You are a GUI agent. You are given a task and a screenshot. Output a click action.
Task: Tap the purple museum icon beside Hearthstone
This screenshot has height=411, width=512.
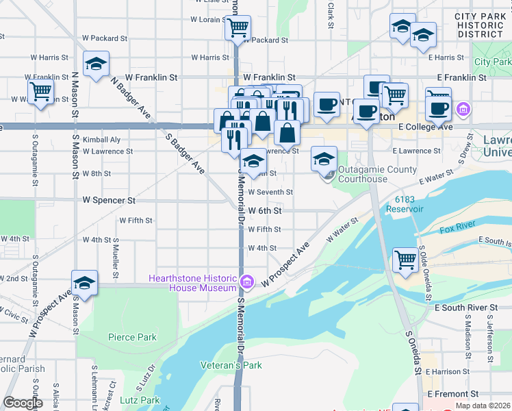(x=247, y=282)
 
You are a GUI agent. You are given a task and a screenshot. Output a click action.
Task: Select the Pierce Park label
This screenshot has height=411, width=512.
(x=132, y=337)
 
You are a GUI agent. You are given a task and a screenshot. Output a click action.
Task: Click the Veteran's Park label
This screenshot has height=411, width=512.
(x=231, y=365)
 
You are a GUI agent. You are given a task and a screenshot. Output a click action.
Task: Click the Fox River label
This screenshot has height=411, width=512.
(x=457, y=228)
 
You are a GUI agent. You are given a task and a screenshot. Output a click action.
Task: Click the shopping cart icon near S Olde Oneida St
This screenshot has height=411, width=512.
(x=405, y=260)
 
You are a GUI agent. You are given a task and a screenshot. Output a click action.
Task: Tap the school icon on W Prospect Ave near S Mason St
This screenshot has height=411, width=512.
(x=85, y=284)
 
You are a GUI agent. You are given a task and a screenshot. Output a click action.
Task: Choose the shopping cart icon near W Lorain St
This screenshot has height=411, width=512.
(x=238, y=28)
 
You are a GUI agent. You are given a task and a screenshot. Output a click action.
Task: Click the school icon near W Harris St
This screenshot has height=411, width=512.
(x=96, y=64)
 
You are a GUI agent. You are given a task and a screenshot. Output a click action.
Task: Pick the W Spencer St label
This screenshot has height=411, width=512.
(x=109, y=201)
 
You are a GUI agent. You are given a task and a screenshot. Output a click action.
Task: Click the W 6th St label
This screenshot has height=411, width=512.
(x=265, y=211)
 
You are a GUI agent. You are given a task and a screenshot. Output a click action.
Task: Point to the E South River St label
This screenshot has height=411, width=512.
(x=465, y=308)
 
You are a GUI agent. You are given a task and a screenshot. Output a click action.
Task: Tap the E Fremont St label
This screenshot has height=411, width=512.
(x=452, y=395)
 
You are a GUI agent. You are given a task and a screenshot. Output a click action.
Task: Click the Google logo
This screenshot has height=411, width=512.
(x=23, y=403)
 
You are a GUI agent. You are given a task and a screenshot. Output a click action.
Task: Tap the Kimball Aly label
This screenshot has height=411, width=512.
(x=101, y=140)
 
